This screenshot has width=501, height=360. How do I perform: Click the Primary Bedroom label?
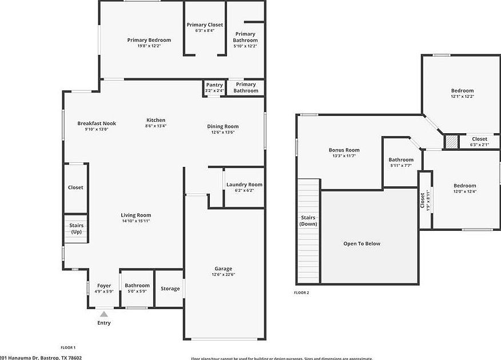tap(149, 40)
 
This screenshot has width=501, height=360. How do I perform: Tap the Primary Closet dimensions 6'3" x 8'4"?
tap(204, 31)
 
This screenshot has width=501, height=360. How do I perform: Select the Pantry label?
tap(214, 85)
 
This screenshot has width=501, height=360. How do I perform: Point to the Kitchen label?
tap(155, 120)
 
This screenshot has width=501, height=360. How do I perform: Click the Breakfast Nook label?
tap(97, 123)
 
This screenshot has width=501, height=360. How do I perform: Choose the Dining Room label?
tap(222, 126)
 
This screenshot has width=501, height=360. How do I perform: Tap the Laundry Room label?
tap(244, 185)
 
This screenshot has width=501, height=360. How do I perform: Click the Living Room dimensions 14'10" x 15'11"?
tap(136, 221)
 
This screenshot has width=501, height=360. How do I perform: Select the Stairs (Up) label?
tap(76, 229)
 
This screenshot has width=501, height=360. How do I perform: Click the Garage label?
tap(223, 269)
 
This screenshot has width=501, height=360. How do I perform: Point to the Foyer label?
tap(104, 286)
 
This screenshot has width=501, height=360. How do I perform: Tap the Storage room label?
tap(170, 289)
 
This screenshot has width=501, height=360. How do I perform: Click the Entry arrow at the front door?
tap(104, 314)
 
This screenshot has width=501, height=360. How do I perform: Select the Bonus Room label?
tap(344, 150)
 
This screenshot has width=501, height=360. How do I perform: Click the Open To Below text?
tap(361, 243)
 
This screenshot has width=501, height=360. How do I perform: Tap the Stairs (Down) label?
tap(308, 221)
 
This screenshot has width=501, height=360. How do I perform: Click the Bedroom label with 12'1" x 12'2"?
tap(462, 91)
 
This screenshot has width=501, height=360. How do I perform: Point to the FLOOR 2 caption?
tap(301, 293)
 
